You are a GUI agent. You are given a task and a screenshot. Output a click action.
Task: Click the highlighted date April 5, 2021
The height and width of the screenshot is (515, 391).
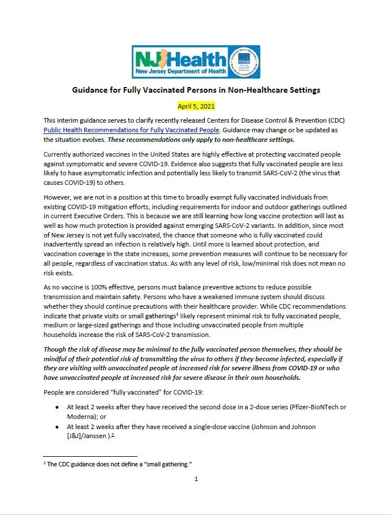pyautogui.click(x=195, y=106)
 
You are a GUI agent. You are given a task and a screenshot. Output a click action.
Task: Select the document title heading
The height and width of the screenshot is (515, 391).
pyautogui.click(x=195, y=90)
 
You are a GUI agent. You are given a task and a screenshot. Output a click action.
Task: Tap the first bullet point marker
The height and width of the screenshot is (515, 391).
pyautogui.click(x=58, y=406)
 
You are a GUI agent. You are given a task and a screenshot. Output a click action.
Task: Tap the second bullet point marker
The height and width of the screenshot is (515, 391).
pyautogui.click(x=58, y=427)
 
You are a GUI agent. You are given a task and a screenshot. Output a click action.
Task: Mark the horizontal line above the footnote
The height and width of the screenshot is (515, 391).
pyautogui.click(x=90, y=456)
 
